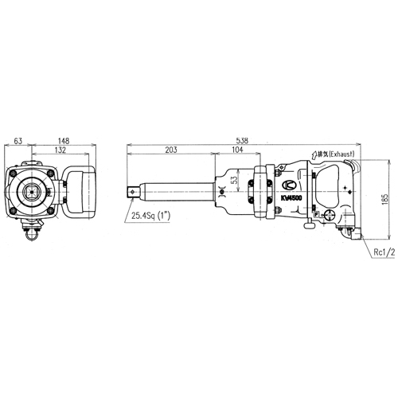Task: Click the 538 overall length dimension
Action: (x=242, y=140)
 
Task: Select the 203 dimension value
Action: (x=171, y=150)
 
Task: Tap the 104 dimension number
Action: (x=237, y=150)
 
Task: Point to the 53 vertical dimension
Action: (x=234, y=181)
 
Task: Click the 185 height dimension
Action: (x=384, y=199)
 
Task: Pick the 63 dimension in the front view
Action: (x=18, y=141)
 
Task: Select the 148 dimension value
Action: (x=64, y=141)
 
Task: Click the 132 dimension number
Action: (x=60, y=150)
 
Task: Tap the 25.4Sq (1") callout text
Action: (x=150, y=216)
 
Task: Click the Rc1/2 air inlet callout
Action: (x=384, y=252)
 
